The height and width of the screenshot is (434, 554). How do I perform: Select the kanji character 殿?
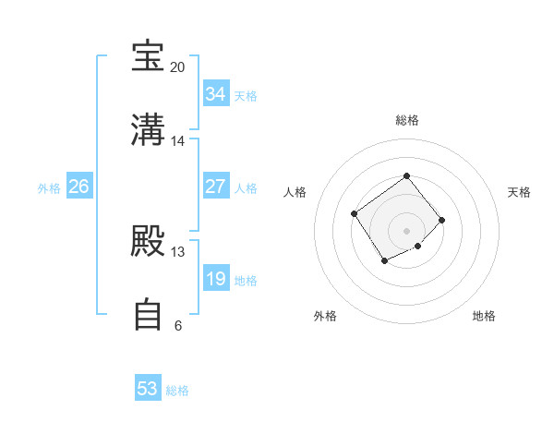[x=149, y=242]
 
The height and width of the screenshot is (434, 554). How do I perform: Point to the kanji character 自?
[x=149, y=315]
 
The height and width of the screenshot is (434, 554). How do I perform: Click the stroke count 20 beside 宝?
[x=177, y=67]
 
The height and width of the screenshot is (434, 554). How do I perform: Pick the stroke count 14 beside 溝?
[x=177, y=141]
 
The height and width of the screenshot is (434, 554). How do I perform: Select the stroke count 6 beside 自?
[x=177, y=326]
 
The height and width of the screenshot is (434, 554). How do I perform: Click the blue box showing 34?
[x=215, y=94]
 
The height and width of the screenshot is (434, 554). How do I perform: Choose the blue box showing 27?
[x=215, y=187]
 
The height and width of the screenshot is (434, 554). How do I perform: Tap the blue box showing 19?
[x=215, y=279]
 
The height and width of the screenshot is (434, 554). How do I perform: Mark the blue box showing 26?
[x=78, y=187]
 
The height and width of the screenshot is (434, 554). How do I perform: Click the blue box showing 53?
[x=148, y=389]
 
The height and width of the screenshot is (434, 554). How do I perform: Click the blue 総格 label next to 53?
[x=177, y=391]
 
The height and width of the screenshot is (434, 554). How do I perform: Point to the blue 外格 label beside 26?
[x=49, y=188]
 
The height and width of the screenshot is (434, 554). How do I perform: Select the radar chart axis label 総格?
[x=407, y=120]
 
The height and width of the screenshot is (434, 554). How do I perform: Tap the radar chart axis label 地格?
[x=484, y=316]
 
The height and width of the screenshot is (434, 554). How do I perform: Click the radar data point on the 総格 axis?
[x=406, y=175]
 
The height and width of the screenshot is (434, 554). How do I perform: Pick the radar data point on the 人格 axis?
[x=355, y=214]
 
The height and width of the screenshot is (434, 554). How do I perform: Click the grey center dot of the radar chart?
[x=406, y=230]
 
